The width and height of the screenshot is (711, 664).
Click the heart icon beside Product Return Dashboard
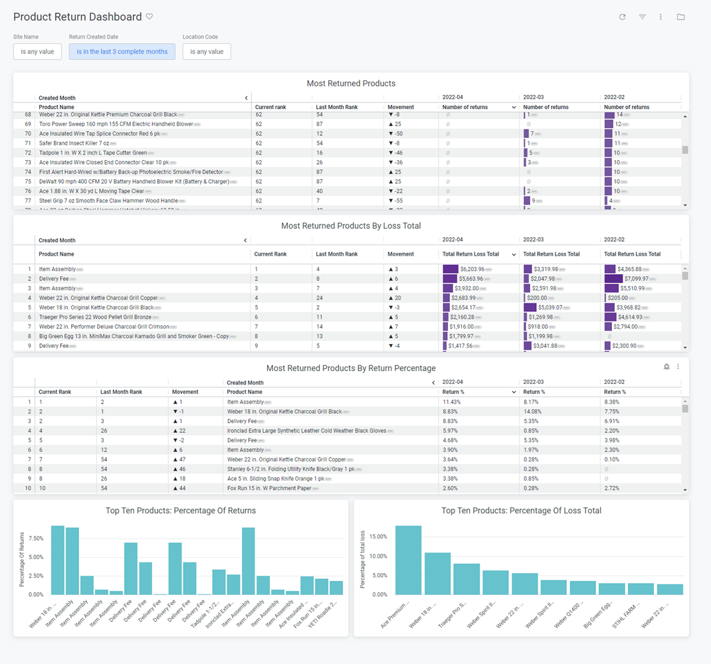(x=150, y=17)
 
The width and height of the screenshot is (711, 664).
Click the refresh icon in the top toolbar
(x=623, y=17)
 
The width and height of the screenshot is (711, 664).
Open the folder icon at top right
(x=681, y=17)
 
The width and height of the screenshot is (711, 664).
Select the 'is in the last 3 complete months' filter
(x=122, y=52)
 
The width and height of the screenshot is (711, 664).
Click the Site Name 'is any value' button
(x=37, y=52)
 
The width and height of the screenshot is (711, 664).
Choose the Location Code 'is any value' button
(x=207, y=52)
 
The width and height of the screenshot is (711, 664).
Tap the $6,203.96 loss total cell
(x=471, y=270)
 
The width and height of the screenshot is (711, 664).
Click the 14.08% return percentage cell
(x=534, y=412)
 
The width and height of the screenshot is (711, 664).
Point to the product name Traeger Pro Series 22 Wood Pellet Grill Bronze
(x=95, y=317)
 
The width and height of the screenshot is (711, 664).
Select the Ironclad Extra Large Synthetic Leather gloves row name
(x=306, y=431)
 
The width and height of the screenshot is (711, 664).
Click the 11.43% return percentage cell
(x=452, y=402)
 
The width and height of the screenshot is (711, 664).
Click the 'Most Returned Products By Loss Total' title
(x=351, y=226)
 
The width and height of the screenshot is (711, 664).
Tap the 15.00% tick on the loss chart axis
(x=377, y=537)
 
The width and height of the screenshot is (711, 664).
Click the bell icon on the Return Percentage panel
(x=666, y=367)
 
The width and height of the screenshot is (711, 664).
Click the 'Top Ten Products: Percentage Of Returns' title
(x=181, y=511)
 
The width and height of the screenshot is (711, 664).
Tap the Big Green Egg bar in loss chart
(x=612, y=589)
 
